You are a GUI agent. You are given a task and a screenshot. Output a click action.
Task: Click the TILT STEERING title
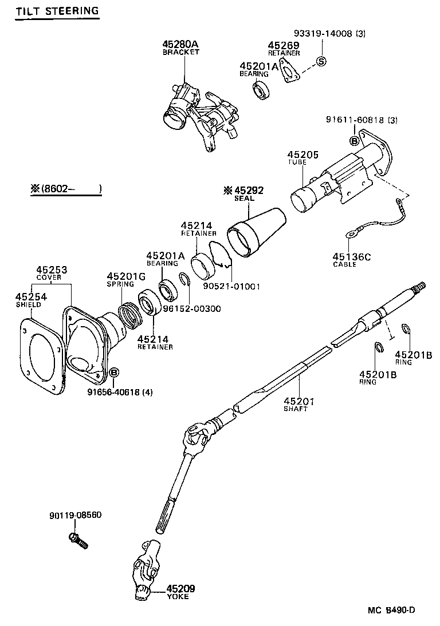(x=57, y=11)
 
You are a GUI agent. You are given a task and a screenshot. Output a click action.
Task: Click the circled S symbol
(x=321, y=62)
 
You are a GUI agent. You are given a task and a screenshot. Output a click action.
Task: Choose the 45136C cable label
(x=351, y=257)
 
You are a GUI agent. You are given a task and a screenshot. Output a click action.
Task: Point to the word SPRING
(x=120, y=284)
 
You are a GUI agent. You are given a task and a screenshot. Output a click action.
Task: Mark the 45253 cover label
(x=52, y=270)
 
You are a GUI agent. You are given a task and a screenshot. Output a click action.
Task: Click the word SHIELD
(x=28, y=304)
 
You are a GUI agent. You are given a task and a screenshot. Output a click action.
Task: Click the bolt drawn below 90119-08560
(x=78, y=540)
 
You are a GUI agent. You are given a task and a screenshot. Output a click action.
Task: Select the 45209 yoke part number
(x=180, y=588)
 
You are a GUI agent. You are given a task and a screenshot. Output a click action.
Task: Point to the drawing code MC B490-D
(x=392, y=610)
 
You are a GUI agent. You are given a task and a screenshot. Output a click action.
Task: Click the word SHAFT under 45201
(x=296, y=409)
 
